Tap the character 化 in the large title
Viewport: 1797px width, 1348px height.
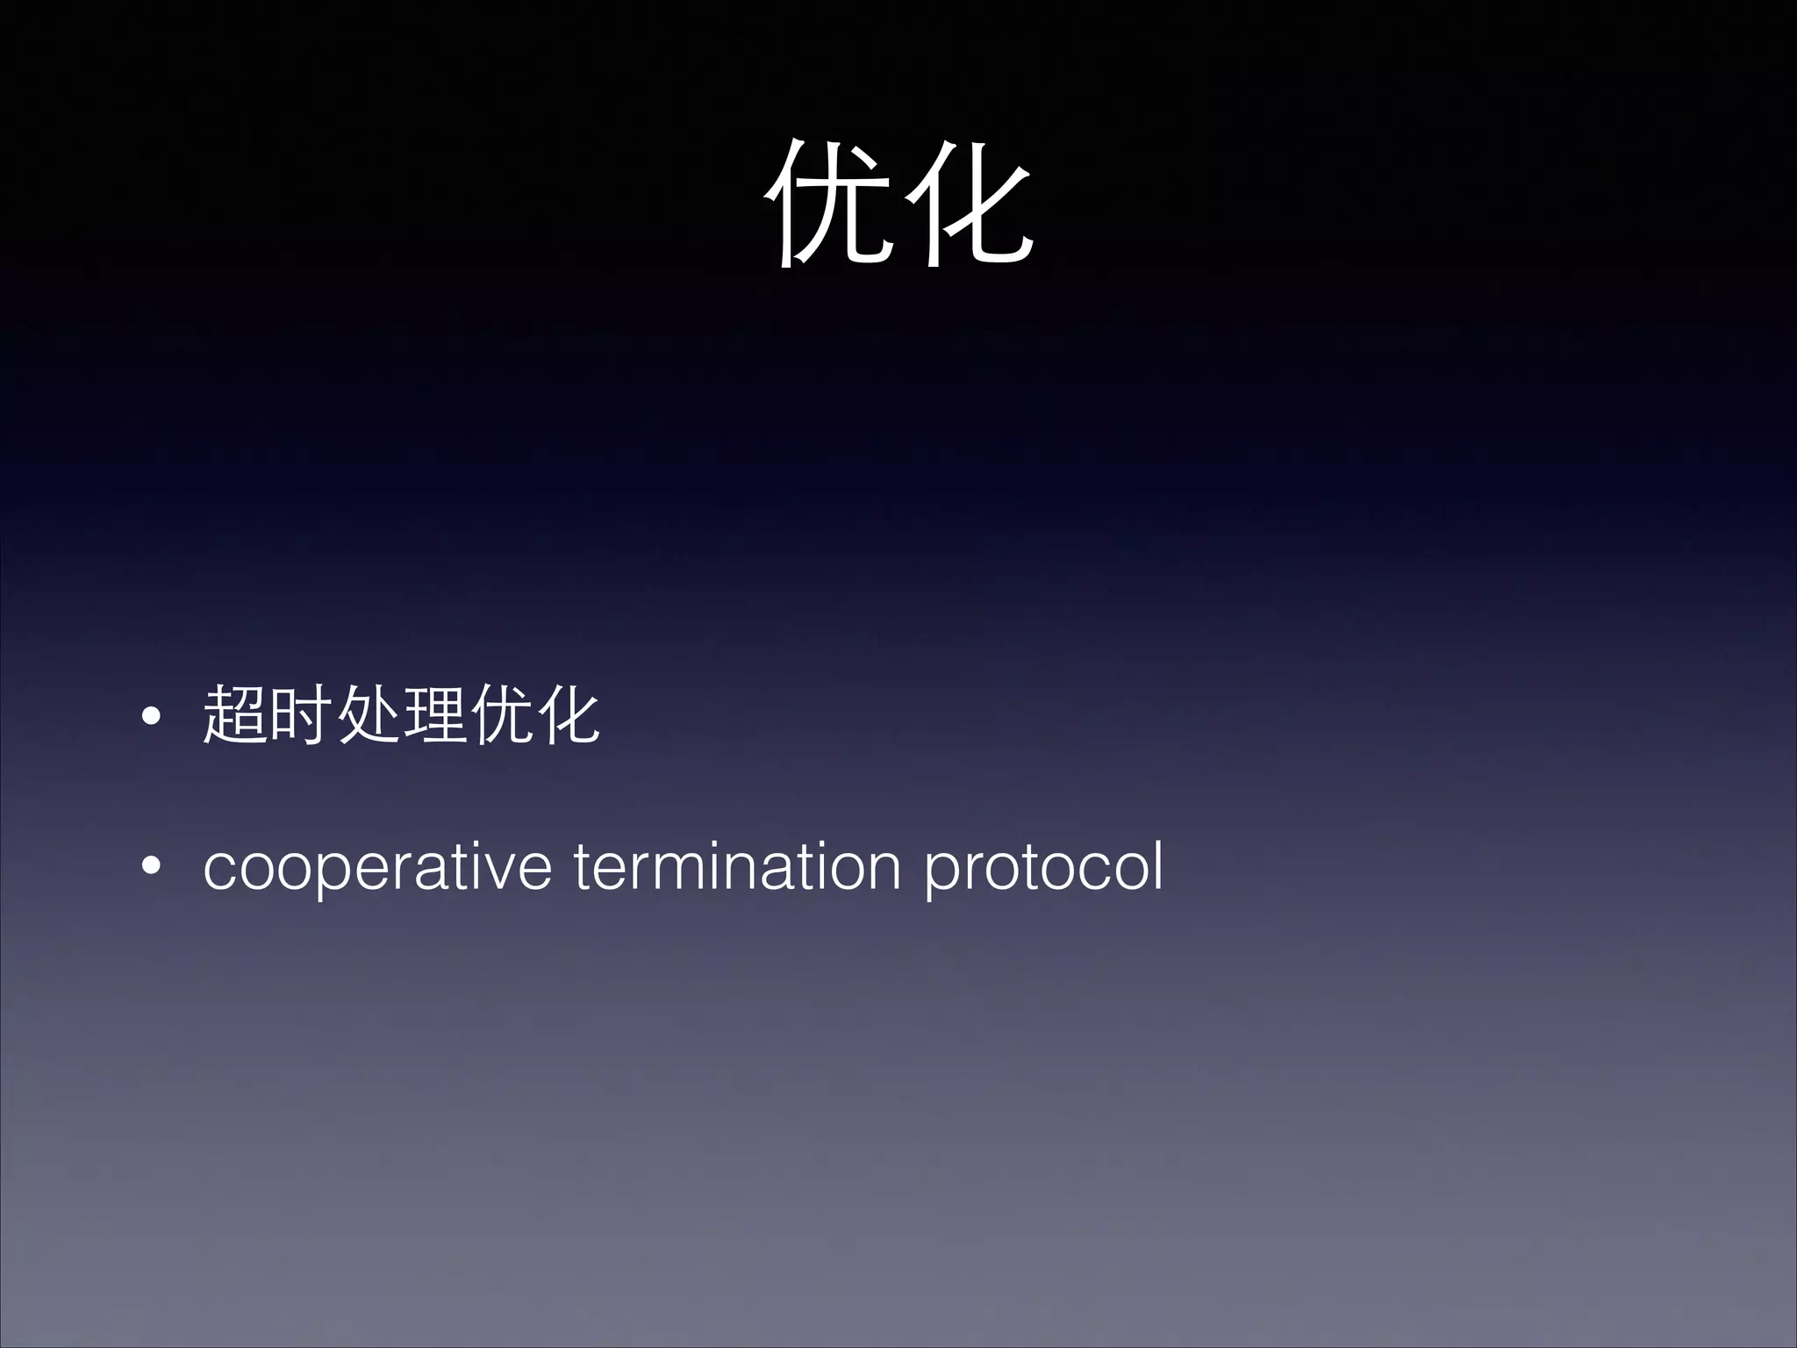click(x=968, y=204)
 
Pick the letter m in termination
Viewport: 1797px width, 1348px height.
click(x=666, y=868)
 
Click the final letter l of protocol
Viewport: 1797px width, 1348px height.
click(x=1157, y=864)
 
